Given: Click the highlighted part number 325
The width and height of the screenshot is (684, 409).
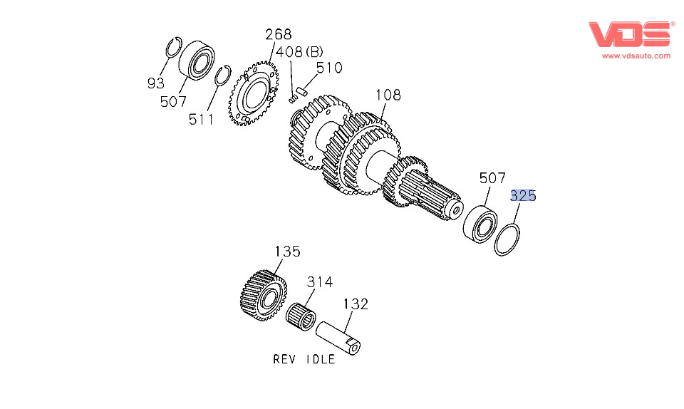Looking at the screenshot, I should point(523,196).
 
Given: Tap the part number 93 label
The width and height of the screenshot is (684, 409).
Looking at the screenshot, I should point(155,83).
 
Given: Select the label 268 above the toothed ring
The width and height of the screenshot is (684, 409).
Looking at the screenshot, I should point(279,35).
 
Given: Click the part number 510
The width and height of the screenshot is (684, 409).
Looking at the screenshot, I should point(328,68).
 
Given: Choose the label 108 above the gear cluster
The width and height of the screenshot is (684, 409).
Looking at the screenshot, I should point(388,95).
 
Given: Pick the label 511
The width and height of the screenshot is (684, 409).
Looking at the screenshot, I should point(202,119).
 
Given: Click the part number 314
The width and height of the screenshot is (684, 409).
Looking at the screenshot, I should point(320,282).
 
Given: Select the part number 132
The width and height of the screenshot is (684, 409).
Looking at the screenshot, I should point(356,304).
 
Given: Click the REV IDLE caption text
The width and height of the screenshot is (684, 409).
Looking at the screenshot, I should point(304,359).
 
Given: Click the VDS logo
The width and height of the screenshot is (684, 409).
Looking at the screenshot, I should point(631,34).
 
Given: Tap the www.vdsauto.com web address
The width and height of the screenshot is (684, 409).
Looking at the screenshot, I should point(636,56).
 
